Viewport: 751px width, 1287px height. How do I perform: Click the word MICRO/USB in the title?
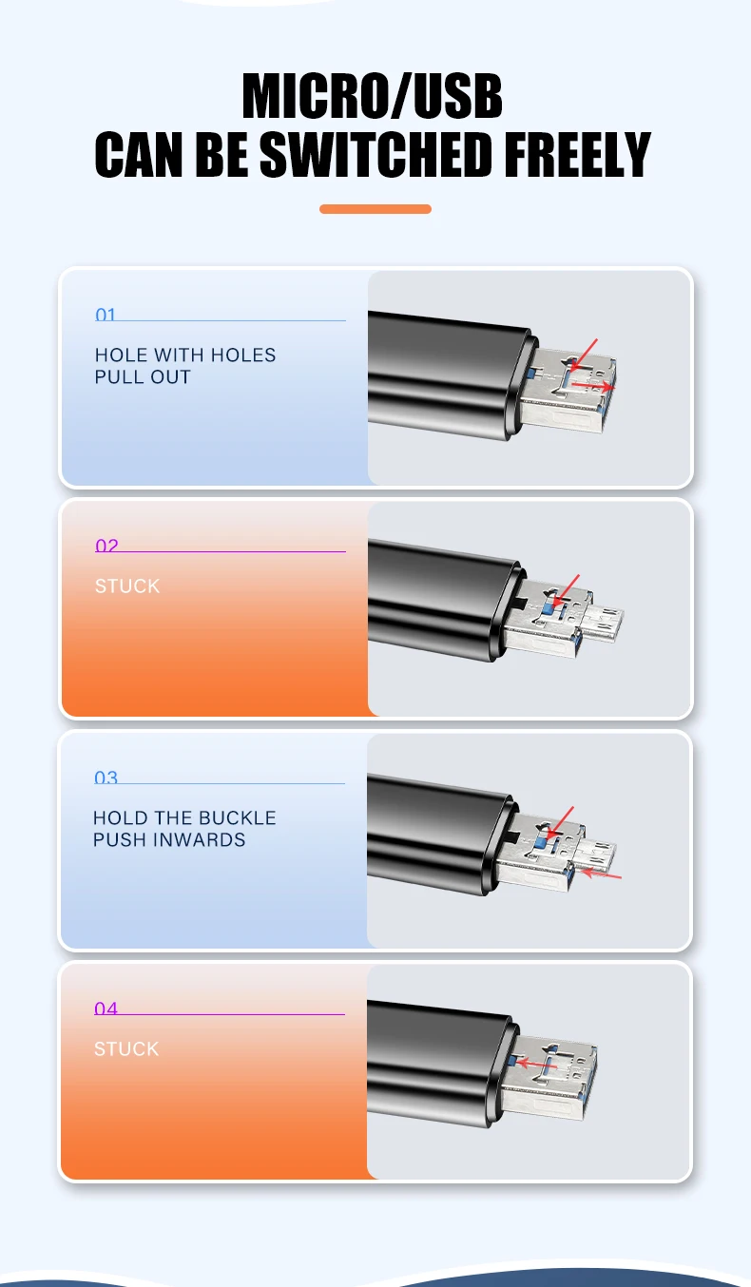(x=373, y=96)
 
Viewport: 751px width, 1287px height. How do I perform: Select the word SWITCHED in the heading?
(x=375, y=154)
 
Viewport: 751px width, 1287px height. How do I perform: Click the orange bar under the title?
(x=375, y=209)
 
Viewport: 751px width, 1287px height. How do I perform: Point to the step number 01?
(x=106, y=315)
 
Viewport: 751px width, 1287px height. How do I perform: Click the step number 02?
(x=106, y=546)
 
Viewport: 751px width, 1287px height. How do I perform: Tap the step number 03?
(x=106, y=777)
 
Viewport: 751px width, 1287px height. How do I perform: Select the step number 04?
(x=106, y=1008)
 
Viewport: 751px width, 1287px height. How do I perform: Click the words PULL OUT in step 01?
(x=143, y=377)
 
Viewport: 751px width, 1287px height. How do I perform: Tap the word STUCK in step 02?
(x=127, y=586)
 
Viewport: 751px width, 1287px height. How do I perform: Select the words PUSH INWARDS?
(x=169, y=839)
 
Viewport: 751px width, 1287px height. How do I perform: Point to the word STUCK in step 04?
(x=126, y=1048)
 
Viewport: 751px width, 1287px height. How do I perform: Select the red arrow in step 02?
(x=566, y=589)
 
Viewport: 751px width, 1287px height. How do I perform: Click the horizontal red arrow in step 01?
(x=593, y=386)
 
